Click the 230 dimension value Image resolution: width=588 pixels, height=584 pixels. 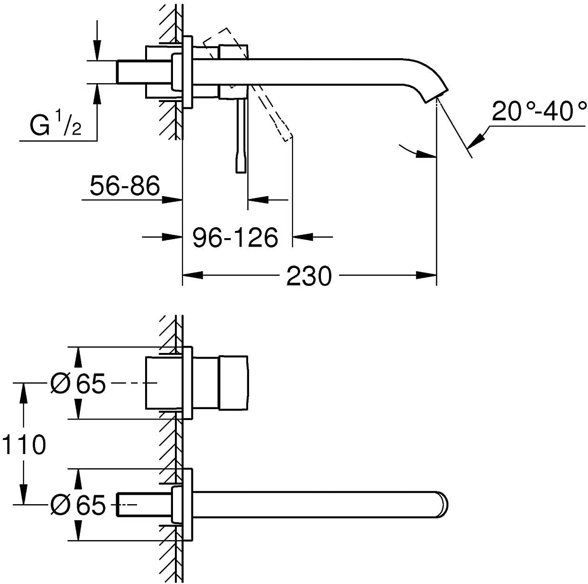pos(309,276)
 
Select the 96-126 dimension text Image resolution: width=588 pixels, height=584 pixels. pos(235,237)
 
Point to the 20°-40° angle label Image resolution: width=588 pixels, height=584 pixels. pos(539,112)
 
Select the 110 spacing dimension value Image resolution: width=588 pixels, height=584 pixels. pos(24,445)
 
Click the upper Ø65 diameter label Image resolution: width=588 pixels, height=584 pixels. pos(78,383)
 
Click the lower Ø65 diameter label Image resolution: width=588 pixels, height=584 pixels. pos(78,505)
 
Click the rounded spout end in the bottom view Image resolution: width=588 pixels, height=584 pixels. pos(443,505)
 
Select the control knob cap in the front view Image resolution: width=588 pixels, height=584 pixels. pos(233,383)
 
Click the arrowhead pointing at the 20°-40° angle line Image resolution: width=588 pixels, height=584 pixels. pos(479,139)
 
